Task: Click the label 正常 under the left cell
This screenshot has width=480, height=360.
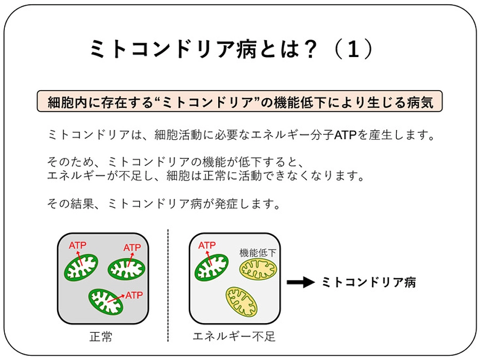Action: [x=101, y=337]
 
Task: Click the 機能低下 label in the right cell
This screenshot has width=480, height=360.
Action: [x=258, y=253]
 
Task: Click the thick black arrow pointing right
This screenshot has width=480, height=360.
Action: [x=300, y=282]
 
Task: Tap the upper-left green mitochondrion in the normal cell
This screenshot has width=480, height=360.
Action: [x=81, y=266]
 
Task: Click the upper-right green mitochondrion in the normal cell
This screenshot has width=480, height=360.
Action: [x=126, y=269]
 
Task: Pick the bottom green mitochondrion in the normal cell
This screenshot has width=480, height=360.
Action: [x=106, y=301]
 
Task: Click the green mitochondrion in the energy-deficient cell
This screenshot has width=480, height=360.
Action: [x=212, y=267]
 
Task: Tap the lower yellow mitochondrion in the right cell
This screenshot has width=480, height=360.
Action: [x=242, y=302]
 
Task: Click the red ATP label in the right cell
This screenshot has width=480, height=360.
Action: [x=207, y=245]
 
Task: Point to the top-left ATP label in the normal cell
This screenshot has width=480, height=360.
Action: [x=77, y=245]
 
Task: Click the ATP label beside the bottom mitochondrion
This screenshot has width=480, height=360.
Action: [x=134, y=294]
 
